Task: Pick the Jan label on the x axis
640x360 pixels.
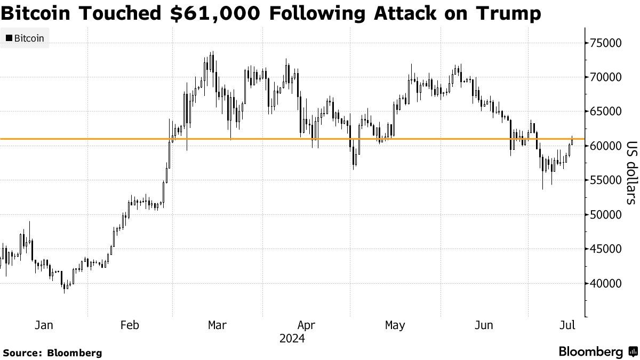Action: click(x=44, y=325)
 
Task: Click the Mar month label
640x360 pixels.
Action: click(x=218, y=325)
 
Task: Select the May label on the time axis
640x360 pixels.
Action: click(x=395, y=325)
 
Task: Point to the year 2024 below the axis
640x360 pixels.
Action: click(x=292, y=339)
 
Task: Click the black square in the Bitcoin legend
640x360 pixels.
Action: click(x=9, y=38)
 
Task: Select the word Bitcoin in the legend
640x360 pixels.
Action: click(x=29, y=38)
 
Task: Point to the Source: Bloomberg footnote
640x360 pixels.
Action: click(x=52, y=353)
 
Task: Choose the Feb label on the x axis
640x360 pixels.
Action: click(x=130, y=325)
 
